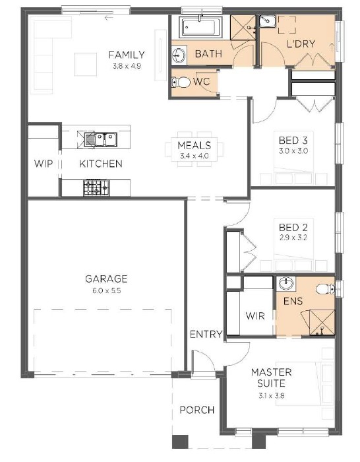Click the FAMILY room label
coord(127,55)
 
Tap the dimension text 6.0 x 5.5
coord(107,290)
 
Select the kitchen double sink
coord(101,140)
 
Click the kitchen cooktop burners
coord(96,187)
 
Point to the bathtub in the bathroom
coord(200,28)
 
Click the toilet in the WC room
coord(181,82)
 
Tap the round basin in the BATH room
coord(179,55)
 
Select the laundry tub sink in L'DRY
coord(267,21)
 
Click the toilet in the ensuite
coord(325,289)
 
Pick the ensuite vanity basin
coord(285,284)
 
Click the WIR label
coord(255,316)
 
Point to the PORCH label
coord(197,410)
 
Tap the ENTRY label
coord(206,335)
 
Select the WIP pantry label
coord(44,164)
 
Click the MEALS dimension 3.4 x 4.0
coord(195,156)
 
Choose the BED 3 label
coord(293,140)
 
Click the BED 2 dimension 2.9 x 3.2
coord(293,237)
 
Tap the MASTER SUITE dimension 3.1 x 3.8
coord(272,396)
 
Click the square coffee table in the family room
coord(85,64)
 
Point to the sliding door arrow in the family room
coord(109,18)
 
